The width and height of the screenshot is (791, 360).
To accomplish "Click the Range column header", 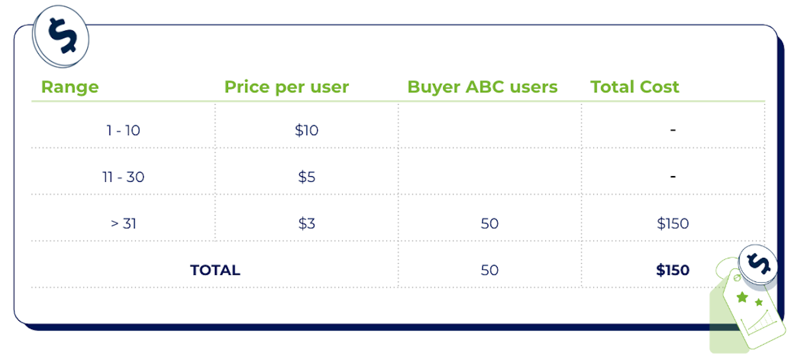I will click(70, 87).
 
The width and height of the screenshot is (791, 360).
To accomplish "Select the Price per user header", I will click(286, 87).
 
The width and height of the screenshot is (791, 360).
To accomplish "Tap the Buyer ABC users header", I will click(482, 87).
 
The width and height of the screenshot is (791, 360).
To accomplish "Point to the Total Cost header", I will click(634, 87).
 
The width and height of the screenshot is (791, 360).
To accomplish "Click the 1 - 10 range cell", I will click(123, 131).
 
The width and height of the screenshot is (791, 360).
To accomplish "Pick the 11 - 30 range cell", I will click(123, 177).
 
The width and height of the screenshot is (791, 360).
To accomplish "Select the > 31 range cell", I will click(123, 224).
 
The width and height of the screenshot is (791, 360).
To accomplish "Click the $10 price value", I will click(307, 131).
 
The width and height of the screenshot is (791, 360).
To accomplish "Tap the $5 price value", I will click(307, 177).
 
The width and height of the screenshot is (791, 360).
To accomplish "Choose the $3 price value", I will click(307, 224).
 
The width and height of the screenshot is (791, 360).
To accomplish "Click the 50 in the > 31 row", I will click(490, 224).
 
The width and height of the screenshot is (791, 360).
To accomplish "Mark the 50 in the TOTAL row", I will click(490, 270).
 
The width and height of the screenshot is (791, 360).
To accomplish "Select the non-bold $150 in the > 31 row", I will click(672, 224).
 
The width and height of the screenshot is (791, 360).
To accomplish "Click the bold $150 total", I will click(672, 270).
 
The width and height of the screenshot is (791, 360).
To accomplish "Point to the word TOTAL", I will click(215, 270).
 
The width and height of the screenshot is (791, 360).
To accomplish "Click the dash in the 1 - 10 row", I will click(673, 131).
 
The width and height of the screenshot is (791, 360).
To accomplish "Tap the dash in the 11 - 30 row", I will click(673, 177).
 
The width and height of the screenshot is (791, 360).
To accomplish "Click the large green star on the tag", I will click(743, 298).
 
